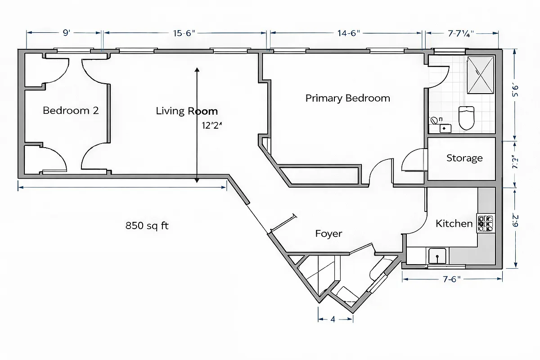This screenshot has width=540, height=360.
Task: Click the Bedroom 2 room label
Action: click(x=71, y=110)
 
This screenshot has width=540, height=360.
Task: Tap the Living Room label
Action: click(x=186, y=111)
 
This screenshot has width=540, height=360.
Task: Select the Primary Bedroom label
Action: click(x=347, y=98)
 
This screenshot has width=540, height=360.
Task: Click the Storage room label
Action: click(x=464, y=158)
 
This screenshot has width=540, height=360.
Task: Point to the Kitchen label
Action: click(x=454, y=223)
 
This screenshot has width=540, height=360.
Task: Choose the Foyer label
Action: click(x=328, y=234)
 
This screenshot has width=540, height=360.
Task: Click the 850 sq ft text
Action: click(x=147, y=225)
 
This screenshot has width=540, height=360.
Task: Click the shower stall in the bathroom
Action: click(x=481, y=75)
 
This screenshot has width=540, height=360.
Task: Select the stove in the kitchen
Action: click(x=486, y=223)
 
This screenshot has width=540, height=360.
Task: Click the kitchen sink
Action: click(x=437, y=256)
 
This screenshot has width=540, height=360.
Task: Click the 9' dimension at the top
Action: click(x=66, y=33)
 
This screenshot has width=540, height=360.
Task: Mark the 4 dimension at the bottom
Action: click(x=333, y=319)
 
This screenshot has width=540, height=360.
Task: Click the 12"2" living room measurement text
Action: click(x=212, y=126)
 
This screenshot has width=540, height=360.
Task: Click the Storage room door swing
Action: click(x=412, y=160)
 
